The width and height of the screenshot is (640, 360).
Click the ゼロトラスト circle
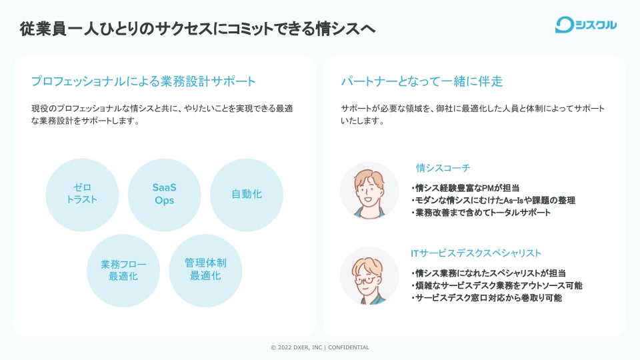click(82, 194)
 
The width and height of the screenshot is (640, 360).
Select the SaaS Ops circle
click(164, 194)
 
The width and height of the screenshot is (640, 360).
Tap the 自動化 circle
click(246, 194)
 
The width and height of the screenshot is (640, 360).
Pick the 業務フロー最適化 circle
click(123, 270)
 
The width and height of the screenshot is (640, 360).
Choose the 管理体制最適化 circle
click(205, 270)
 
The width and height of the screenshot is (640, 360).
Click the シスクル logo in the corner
click(585, 25)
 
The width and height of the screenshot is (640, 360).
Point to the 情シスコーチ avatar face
click(369, 189)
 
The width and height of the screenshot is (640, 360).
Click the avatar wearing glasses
click(369, 276)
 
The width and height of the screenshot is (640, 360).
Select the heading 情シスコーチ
click(443, 167)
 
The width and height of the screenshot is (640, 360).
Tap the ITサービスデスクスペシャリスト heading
click(476, 253)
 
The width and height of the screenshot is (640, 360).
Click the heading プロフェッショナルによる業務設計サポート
click(143, 81)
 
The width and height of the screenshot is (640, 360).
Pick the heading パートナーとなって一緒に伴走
click(421, 81)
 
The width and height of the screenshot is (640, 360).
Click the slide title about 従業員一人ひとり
click(197, 29)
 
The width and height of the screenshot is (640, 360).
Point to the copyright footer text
click(319, 347)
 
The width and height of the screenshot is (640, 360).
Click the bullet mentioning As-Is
click(493, 200)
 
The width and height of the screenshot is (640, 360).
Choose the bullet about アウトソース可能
click(497, 285)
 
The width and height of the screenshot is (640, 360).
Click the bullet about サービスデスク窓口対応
click(487, 298)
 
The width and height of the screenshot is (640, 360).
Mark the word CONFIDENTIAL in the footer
click(349, 347)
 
